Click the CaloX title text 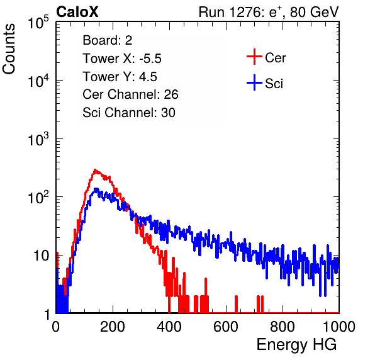pyautogui.click(x=77, y=12)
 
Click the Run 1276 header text pyautogui.click(x=269, y=12)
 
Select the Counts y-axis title pyautogui.click(x=9, y=49)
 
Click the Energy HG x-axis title pyautogui.click(x=296, y=345)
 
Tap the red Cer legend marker pyautogui.click(x=254, y=57)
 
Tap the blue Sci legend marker pyautogui.click(x=254, y=82)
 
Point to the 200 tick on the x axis pyautogui.click(x=113, y=327)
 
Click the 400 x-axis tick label pyautogui.click(x=169, y=327)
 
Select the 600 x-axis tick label pyautogui.click(x=226, y=327)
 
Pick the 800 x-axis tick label pyautogui.click(x=283, y=327)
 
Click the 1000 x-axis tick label pyautogui.click(x=339, y=327)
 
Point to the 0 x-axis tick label pyautogui.click(x=56, y=327)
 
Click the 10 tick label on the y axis pyautogui.click(x=42, y=256)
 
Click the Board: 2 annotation pyautogui.click(x=108, y=40)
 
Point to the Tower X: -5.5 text pyautogui.click(x=122, y=59)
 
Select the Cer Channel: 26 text pyautogui.click(x=130, y=94)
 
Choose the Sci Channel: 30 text pyautogui.click(x=129, y=113)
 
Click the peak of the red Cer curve pyautogui.click(x=95, y=170)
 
